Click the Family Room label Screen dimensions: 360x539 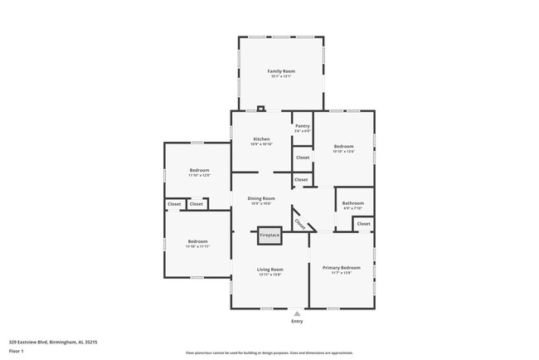(281, 71)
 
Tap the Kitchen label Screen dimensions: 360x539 (261, 139)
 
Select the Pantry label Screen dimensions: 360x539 (302, 126)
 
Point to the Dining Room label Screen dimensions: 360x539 (261, 198)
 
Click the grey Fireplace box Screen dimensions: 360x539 (269, 236)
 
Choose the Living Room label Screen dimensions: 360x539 (269, 269)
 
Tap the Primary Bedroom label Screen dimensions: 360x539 (341, 268)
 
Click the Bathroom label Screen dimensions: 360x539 (352, 202)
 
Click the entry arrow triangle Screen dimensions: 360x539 (297, 313)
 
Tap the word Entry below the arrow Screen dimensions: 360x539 (297, 321)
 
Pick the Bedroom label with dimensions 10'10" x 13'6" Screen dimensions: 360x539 (343, 146)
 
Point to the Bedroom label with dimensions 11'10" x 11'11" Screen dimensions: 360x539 (197, 241)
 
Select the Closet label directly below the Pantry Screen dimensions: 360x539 (302, 157)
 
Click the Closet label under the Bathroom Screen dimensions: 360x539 (363, 223)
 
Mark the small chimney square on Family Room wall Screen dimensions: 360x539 (261, 108)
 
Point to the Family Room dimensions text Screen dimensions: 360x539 (281, 77)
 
